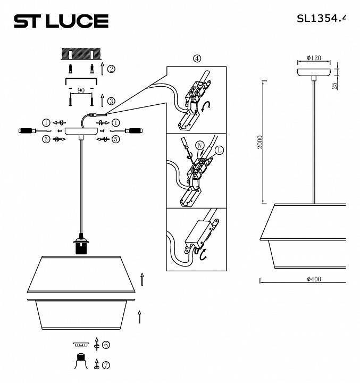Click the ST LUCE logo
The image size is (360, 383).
[61, 21]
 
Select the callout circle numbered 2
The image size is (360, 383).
[111, 69]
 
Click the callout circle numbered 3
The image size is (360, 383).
[111, 101]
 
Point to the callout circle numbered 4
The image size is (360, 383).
[197, 59]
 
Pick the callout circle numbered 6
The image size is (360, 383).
[106, 345]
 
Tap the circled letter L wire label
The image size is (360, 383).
[220, 151]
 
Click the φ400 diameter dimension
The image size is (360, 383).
[314, 279]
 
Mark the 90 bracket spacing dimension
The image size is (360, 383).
[81, 91]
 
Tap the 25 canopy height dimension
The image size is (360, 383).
[334, 86]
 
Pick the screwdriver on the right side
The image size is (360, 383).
[130, 130]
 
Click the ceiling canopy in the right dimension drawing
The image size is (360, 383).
[315, 72]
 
